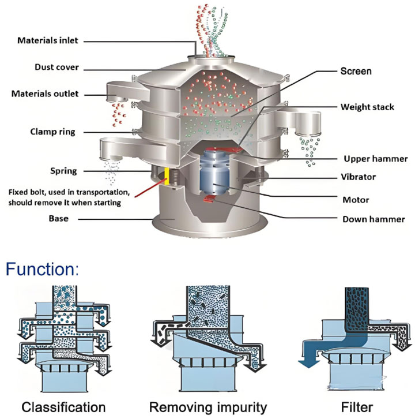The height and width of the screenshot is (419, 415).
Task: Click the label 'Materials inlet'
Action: click(48, 40)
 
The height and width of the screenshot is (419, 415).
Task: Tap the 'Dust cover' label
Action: click(57, 67)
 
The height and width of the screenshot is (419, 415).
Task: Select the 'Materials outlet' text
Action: click(45, 94)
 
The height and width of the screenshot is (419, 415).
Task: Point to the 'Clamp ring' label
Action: click(52, 132)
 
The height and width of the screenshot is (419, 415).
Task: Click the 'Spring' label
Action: click(63, 171)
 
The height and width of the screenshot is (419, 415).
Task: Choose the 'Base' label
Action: click(59, 219)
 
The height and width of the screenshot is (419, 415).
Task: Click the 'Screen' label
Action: click(356, 72)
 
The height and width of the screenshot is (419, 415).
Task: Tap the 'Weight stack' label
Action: click(368, 107)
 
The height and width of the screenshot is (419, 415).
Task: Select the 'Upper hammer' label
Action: click(376, 159)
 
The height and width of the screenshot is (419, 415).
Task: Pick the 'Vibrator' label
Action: click(359, 177)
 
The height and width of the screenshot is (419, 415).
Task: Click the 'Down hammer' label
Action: click(373, 219)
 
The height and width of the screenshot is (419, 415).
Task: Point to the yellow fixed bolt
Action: click(167, 176)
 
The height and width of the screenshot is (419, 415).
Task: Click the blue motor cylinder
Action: click(214, 173)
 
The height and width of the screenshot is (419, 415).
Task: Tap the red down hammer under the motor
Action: click(209, 199)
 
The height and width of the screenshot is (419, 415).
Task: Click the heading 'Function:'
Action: click(43, 269)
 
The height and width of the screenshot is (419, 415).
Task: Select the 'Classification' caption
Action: click(63, 407)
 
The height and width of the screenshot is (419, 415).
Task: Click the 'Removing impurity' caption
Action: click(208, 407)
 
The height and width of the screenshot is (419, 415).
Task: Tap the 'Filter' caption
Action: click(357, 407)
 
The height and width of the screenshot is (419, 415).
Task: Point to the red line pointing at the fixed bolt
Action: click(150, 188)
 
